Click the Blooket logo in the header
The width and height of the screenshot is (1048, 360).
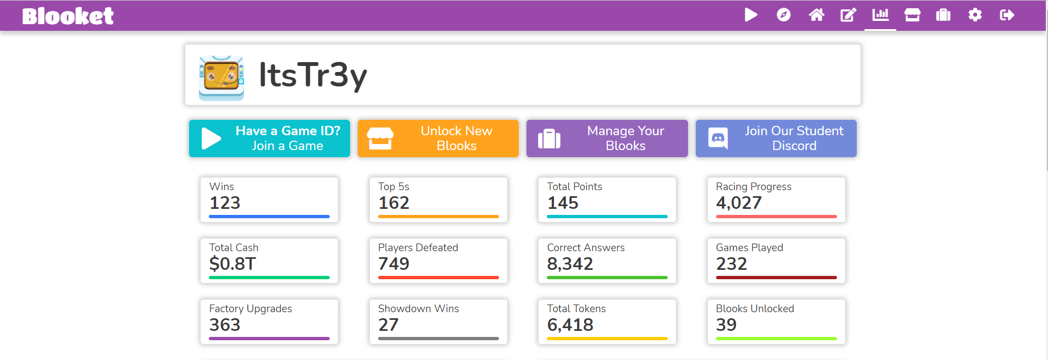click(68, 16)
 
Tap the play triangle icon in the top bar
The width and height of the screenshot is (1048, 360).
click(751, 15)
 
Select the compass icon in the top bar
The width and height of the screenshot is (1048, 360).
click(784, 15)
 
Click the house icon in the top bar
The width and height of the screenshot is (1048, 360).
click(816, 15)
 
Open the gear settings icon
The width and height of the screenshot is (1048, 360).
click(975, 15)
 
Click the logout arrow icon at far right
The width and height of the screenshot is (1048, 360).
click(1007, 15)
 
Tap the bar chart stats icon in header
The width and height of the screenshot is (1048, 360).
click(880, 15)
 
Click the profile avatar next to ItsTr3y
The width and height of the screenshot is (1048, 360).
click(221, 77)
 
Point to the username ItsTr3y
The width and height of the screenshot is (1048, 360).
click(313, 75)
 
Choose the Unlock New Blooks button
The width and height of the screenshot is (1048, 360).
click(438, 139)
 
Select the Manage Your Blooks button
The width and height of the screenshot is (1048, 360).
click(607, 139)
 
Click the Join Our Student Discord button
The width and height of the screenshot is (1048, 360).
click(776, 139)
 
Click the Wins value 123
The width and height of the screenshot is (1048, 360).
click(225, 203)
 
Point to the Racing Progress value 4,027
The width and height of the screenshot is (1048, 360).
click(739, 203)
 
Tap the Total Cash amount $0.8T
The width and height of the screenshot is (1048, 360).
click(232, 264)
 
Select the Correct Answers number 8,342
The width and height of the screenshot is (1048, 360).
click(570, 264)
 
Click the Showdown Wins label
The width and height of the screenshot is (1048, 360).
click(418, 308)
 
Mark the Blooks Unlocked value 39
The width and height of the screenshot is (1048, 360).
click(726, 325)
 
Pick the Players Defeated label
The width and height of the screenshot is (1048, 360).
click(418, 247)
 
